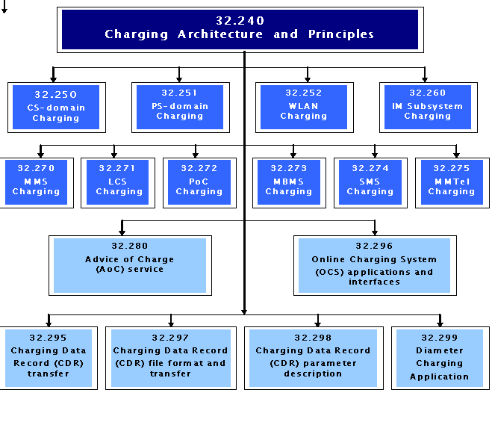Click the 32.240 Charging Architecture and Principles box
[x=240, y=30]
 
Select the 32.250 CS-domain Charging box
[x=57, y=108]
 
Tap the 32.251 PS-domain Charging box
[x=181, y=108]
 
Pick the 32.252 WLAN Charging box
[x=305, y=108]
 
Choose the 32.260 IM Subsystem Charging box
[x=429, y=108]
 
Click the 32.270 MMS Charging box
[x=37, y=183]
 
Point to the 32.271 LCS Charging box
[x=118, y=183]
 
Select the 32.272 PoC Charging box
[x=199, y=183]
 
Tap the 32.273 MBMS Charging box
[x=289, y=183]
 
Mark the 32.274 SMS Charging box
[x=370, y=183]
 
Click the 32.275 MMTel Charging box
[x=452, y=183]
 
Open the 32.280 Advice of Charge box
[x=130, y=265]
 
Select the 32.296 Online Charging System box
[x=375, y=265]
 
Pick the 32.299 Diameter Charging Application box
[x=440, y=358]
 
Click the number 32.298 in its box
[x=313, y=338]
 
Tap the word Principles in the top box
[x=341, y=34]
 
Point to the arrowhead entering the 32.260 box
[x=425, y=79]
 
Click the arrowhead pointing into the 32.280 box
[x=122, y=232]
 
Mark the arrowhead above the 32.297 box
[x=171, y=323]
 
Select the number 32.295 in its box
[x=48, y=338]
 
